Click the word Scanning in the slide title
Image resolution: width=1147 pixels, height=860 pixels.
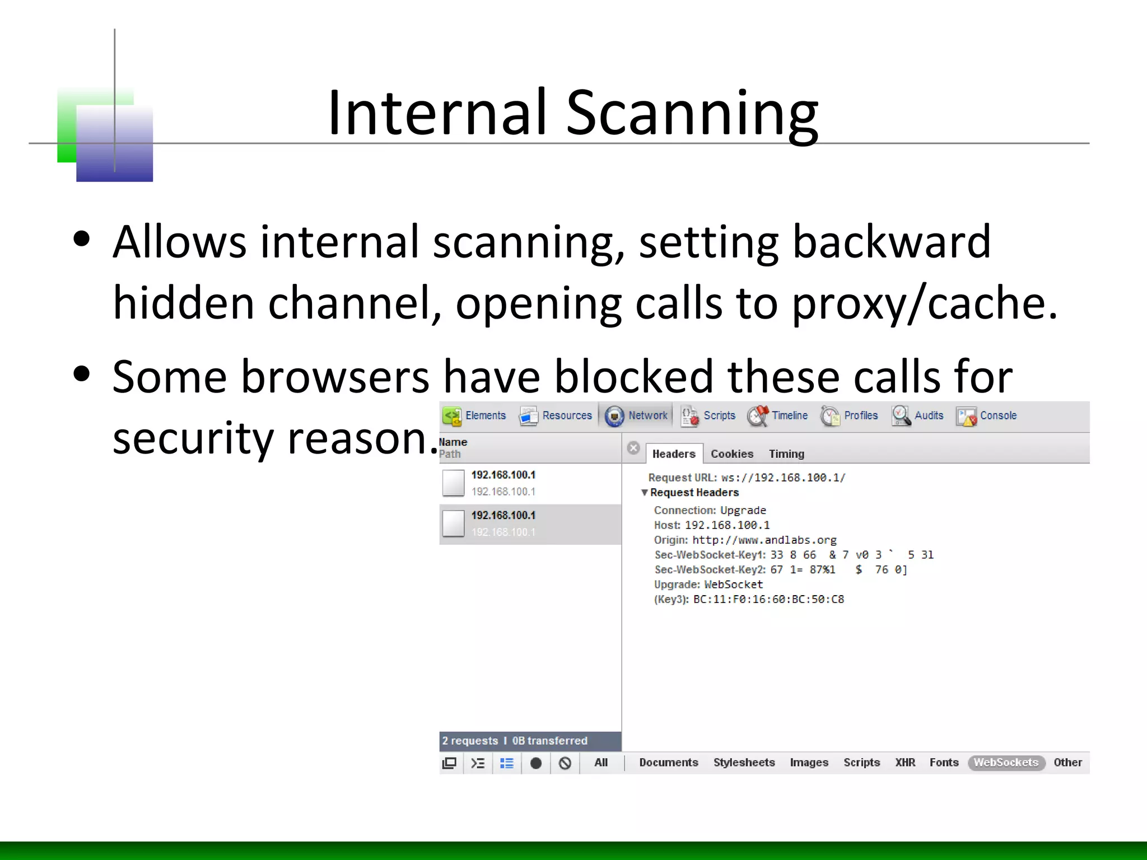point(692,113)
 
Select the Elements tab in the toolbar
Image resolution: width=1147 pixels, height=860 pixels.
point(475,415)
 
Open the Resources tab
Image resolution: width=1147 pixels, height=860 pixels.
point(556,415)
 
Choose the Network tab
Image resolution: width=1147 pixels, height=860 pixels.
point(637,415)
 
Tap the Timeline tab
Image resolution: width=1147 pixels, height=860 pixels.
point(778,415)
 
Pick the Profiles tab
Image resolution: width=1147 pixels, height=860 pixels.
point(850,415)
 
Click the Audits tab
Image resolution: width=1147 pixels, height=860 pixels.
point(918,415)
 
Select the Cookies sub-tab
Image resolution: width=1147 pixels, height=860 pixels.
point(732,454)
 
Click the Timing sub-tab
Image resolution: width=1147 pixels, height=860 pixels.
point(786,454)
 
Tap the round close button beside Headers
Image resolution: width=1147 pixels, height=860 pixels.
point(633,448)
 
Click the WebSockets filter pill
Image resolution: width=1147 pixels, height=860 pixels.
point(1006,763)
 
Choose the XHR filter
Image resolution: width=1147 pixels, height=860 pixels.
point(905,763)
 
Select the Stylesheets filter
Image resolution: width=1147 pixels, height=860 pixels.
point(744,763)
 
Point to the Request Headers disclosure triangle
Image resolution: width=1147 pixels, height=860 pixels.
point(645,493)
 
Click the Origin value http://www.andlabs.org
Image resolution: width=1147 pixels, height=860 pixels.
point(764,540)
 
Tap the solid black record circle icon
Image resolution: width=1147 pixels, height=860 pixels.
point(536,763)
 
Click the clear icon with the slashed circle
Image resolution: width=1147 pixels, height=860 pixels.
point(565,763)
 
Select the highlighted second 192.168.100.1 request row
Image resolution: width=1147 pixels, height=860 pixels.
point(530,524)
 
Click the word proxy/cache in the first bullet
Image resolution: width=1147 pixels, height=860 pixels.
point(924,303)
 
